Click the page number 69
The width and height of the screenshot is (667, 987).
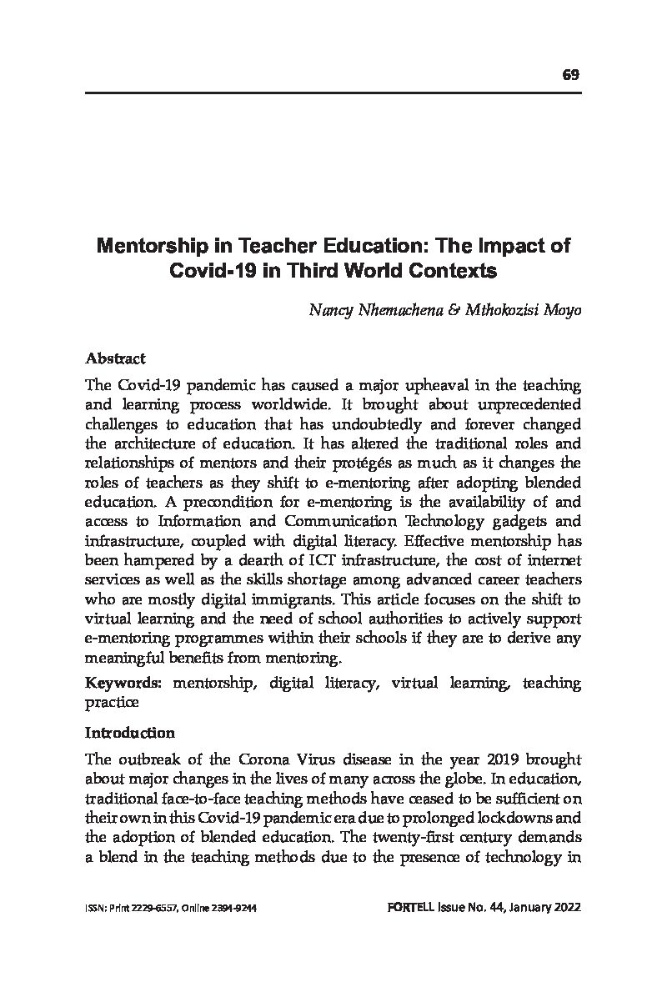tap(570, 75)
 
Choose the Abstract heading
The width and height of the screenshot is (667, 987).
tap(115, 358)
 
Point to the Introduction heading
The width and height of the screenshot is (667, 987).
tap(130, 733)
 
